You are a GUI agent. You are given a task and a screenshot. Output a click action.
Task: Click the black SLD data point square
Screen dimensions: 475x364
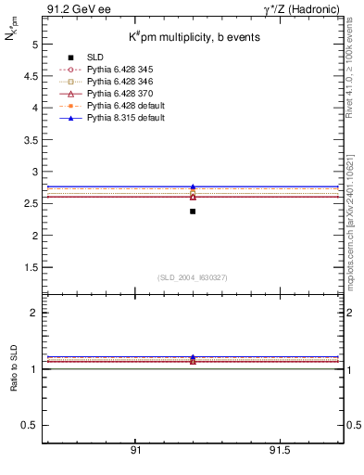[x=193, y=212]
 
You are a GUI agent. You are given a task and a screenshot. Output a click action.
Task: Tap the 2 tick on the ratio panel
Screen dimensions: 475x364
[x=34, y=313]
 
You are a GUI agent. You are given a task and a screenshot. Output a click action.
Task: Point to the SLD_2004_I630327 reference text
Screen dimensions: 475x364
[x=193, y=277]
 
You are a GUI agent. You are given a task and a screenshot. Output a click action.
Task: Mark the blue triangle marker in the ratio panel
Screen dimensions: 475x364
[x=193, y=357]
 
